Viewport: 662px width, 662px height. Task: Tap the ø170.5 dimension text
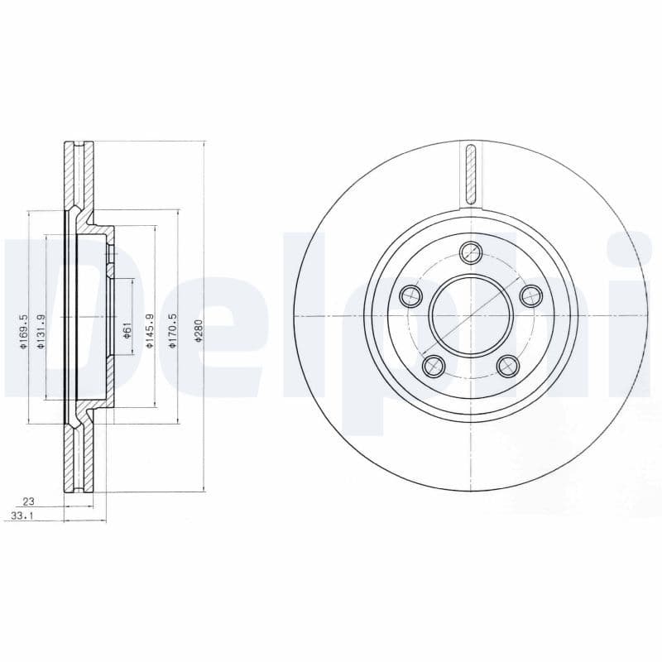172,330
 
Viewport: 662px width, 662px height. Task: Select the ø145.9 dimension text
149,330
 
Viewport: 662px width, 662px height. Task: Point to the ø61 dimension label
127,330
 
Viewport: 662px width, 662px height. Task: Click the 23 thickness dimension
28,501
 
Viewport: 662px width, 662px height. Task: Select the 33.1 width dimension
31,516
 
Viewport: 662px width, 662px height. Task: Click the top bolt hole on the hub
471,252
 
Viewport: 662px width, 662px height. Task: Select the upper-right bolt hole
530,295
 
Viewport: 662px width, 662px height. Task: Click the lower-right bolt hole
507,365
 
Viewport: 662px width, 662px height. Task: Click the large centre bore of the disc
470,315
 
